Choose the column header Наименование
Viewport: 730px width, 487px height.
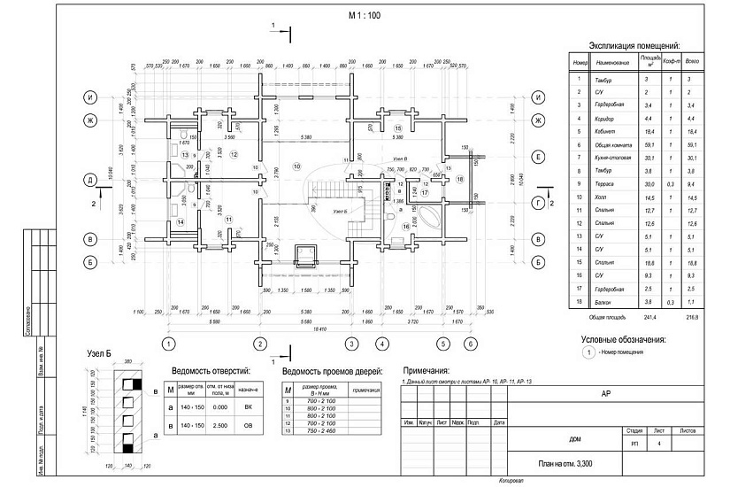pyautogui.click(x=614, y=63)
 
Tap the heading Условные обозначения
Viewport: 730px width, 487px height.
pyautogui.click(x=623, y=339)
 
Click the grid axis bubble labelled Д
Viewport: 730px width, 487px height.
pyautogui.click(x=89, y=180)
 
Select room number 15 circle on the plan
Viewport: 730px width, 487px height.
pyautogui.click(x=397, y=129)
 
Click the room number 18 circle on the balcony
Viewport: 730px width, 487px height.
pyautogui.click(x=459, y=179)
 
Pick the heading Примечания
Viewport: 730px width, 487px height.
pyautogui.click(x=426, y=370)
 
